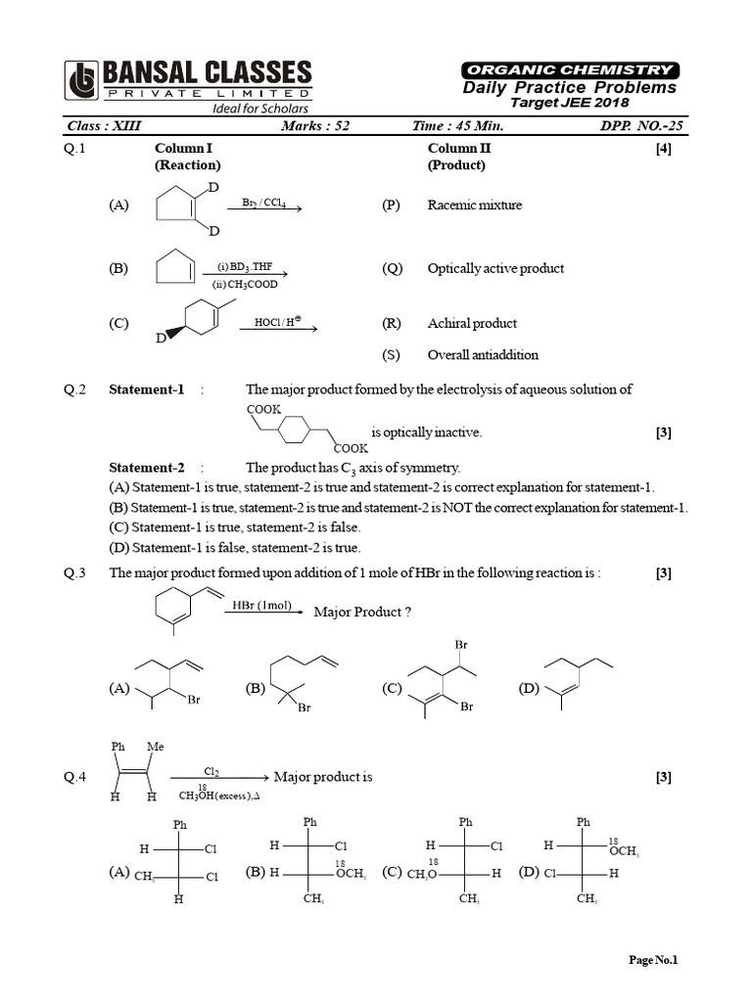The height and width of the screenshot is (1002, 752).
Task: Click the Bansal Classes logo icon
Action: (x=82, y=81)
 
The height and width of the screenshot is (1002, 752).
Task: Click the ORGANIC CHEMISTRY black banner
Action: (x=568, y=69)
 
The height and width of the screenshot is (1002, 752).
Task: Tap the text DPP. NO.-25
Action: (x=636, y=126)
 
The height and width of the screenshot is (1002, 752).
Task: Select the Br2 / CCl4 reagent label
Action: (x=263, y=203)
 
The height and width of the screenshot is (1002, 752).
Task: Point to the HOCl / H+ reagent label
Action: (x=277, y=321)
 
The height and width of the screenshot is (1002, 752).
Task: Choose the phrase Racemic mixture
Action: (x=475, y=205)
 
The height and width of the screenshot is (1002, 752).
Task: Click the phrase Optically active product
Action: (x=495, y=268)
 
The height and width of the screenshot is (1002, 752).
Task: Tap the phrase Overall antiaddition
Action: (x=483, y=355)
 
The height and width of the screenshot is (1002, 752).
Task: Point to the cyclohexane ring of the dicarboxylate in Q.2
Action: (x=295, y=431)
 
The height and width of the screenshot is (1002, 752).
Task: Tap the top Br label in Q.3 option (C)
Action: (x=461, y=646)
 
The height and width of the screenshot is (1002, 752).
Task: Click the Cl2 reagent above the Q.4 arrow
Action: (x=211, y=771)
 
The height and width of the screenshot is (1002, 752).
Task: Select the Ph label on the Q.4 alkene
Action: (x=118, y=747)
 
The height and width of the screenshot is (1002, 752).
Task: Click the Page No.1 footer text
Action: (x=653, y=960)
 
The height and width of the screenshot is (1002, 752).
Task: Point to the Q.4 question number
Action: (x=75, y=778)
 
